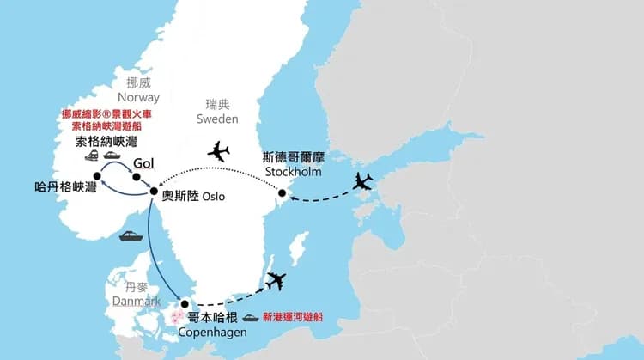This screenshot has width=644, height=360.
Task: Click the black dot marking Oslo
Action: point(154,192)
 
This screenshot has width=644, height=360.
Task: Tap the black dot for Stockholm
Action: point(282,193)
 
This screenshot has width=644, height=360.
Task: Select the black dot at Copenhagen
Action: point(185,303)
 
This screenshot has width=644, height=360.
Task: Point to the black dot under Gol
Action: point(136,178)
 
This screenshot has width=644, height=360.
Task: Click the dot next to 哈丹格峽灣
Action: point(96,176)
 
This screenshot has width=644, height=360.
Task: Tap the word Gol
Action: point(143,162)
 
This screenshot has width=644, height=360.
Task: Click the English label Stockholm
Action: point(294,172)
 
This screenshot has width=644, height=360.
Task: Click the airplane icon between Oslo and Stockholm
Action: point(219,152)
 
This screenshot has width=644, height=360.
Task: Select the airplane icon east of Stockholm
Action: point(364,181)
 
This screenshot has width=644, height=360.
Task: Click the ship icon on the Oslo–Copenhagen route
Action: point(131,235)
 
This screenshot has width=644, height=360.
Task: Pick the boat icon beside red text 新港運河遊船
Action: point(251,317)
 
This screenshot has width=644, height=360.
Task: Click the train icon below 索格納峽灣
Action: point(92,156)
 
